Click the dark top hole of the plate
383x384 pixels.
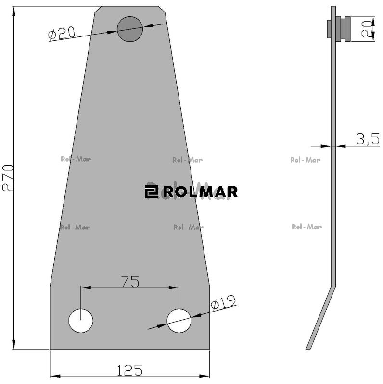tap(130, 29)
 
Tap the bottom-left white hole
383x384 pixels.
tap(81, 321)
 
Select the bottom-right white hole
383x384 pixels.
tap(179, 321)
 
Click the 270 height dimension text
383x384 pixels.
tap(8, 178)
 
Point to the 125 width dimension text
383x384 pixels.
tap(129, 370)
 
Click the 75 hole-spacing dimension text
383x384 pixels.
tap(130, 281)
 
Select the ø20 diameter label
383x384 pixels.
tap(62, 33)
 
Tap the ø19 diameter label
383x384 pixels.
tap(223, 302)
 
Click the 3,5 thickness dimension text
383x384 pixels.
tap(368, 139)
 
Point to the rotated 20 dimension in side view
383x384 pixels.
tap(367, 29)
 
